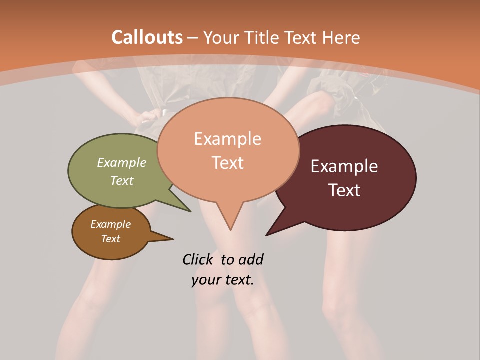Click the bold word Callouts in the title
pyautogui.click(x=147, y=37)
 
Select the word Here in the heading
pyautogui.click(x=341, y=37)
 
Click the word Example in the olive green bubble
pyautogui.click(x=122, y=162)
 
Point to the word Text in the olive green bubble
pyautogui.click(x=122, y=180)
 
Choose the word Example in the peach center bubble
pyautogui.click(x=227, y=139)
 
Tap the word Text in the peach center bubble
pyautogui.click(x=227, y=163)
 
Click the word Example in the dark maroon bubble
pyautogui.click(x=344, y=166)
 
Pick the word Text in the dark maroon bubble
pyautogui.click(x=344, y=190)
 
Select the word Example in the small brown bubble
pyautogui.click(x=110, y=224)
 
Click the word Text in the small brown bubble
pyautogui.click(x=110, y=239)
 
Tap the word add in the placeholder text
pyautogui.click(x=251, y=259)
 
